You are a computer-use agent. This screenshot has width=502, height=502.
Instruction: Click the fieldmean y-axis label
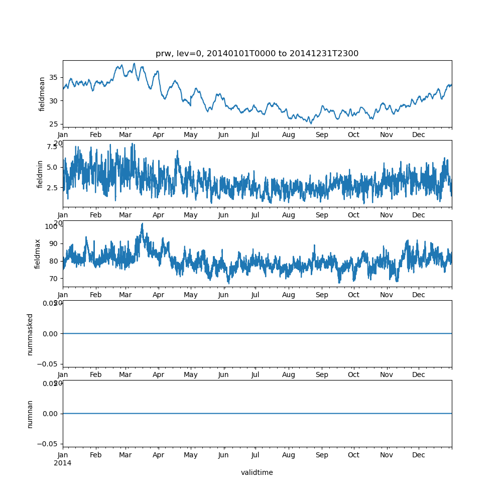coord(42,94)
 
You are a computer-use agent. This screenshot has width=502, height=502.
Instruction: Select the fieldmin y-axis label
coord(40,174)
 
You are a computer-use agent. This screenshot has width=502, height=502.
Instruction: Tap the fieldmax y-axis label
coord(38,254)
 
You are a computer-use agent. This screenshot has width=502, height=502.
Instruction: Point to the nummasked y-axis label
coord(30,334)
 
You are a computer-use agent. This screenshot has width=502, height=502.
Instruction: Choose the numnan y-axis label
coord(30,414)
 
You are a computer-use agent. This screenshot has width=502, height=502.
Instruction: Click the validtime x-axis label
coord(257,472)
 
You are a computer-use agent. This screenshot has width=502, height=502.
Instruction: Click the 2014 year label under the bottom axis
coord(63,463)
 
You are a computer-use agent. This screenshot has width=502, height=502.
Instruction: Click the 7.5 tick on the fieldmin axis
coord(52,147)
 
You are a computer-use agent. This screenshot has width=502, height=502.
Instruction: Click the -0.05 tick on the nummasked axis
coord(48,363)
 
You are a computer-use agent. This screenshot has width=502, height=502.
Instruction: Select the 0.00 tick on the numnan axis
coord(50,414)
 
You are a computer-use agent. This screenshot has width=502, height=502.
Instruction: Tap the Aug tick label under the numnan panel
coord(289,455)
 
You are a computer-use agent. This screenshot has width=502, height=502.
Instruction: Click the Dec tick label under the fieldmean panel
coord(419,135)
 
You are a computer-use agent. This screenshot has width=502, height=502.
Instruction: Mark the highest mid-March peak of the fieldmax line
coord(142,223)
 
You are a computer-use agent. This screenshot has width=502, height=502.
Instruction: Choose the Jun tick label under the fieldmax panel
coord(223,295)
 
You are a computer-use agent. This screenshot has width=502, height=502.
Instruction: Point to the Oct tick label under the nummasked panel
coord(354,374)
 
